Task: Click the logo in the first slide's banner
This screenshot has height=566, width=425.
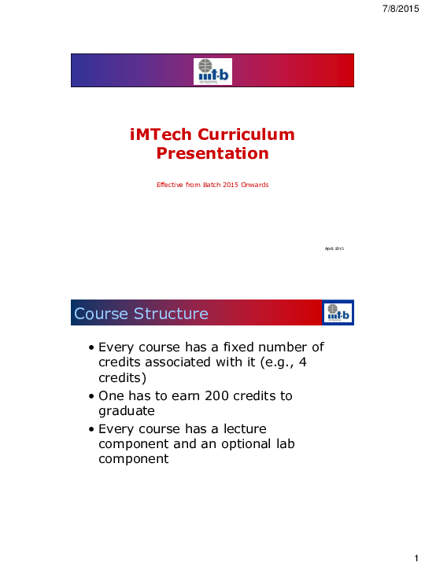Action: (213, 72)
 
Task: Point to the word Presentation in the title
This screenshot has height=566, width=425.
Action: (213, 153)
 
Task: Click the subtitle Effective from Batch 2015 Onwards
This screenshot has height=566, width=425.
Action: (213, 185)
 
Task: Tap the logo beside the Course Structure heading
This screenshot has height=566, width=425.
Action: (338, 313)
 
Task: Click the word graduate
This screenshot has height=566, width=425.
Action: (126, 410)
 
